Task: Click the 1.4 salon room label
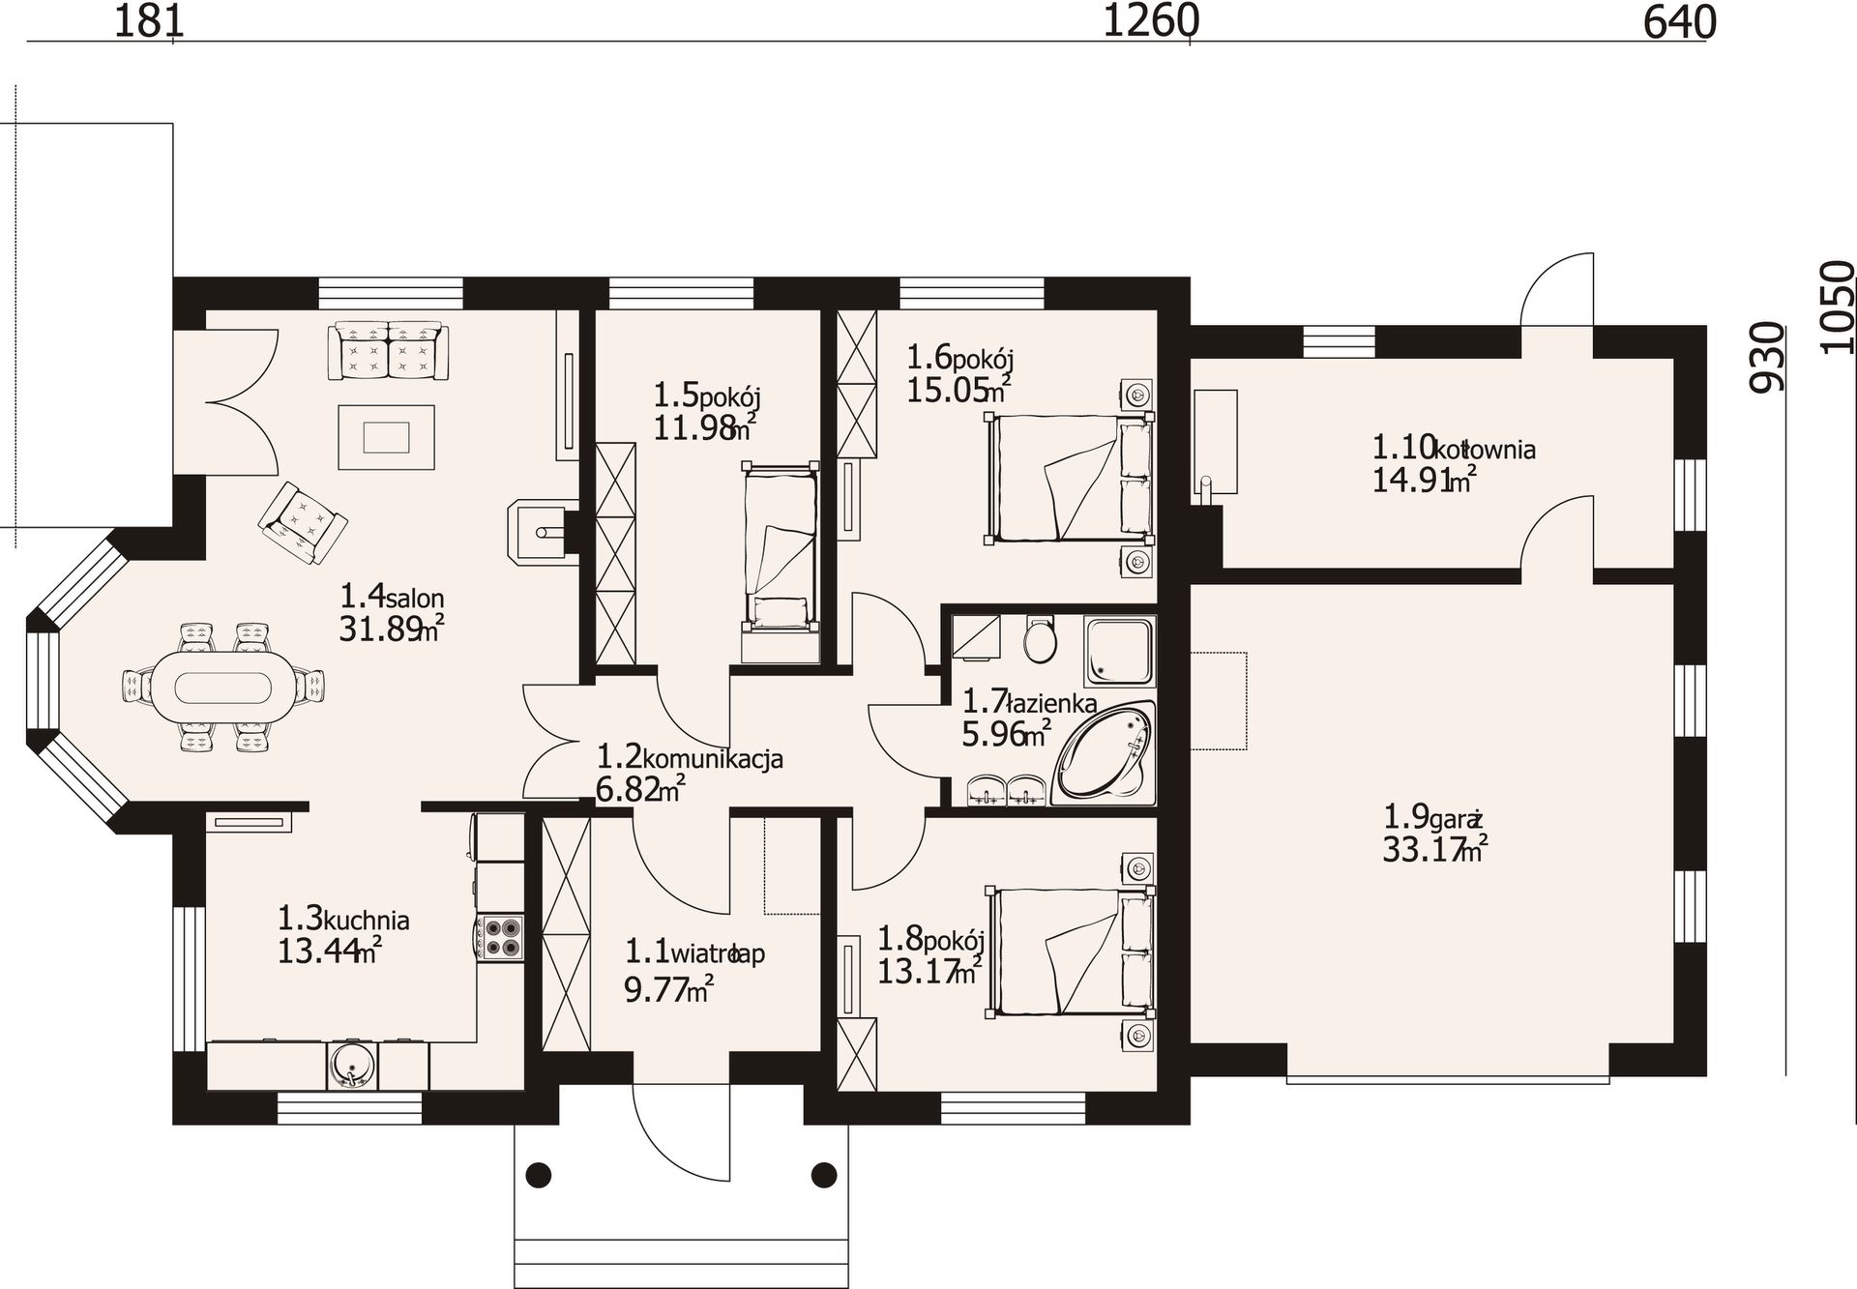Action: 392,596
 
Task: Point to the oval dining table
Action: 224,687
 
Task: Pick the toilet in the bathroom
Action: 1041,638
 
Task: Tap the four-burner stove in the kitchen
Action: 501,937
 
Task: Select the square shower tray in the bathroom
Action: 1119,650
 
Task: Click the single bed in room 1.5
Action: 779,546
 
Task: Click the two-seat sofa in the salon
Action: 388,349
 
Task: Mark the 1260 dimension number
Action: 1151,21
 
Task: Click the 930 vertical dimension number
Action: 1766,357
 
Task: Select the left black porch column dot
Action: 538,1175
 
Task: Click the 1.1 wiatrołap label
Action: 694,953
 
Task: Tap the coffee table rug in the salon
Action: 386,438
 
